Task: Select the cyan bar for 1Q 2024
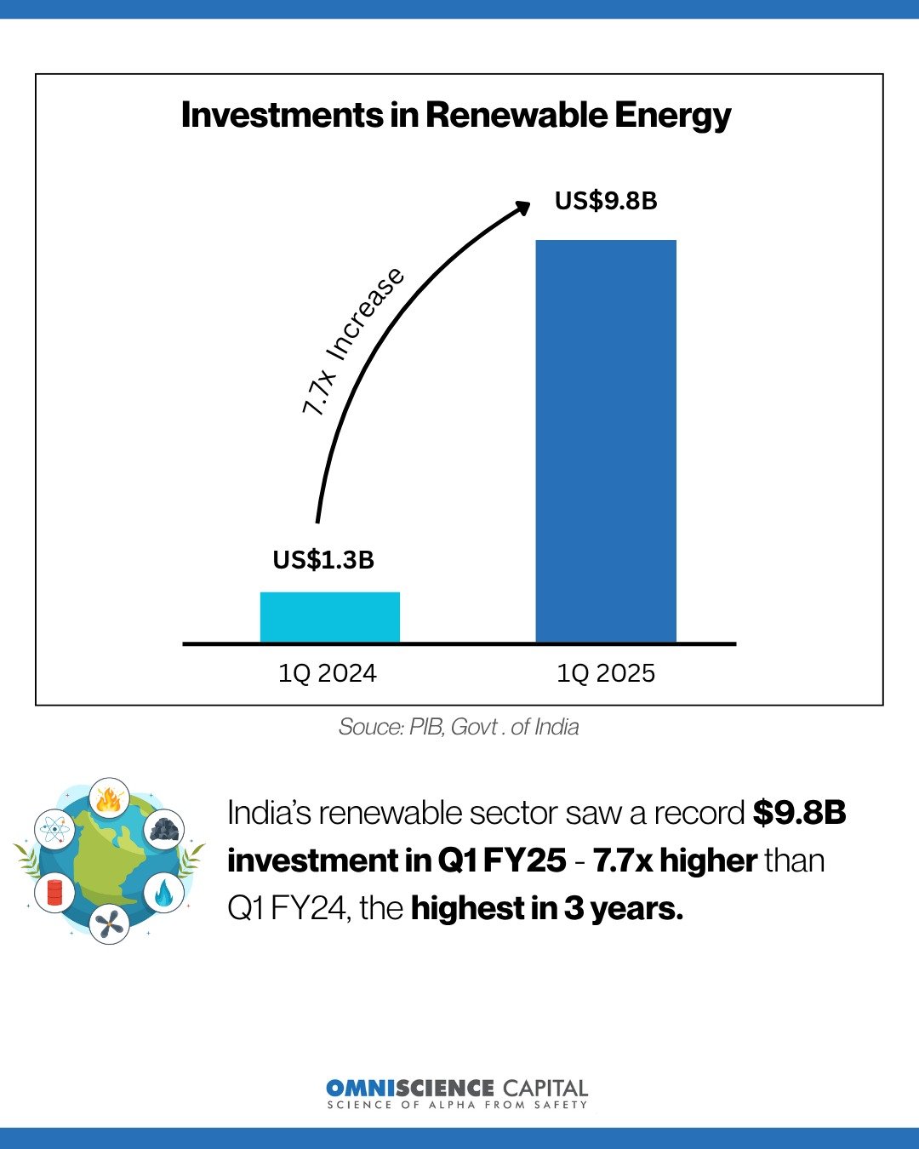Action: [x=329, y=617]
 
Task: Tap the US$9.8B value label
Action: [x=606, y=201]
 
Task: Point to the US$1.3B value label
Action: [x=323, y=560]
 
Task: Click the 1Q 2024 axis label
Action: [x=328, y=673]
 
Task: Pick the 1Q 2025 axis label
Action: [x=606, y=673]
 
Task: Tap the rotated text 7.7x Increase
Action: [x=353, y=341]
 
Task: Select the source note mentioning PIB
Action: [x=459, y=727]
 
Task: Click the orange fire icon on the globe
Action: [x=109, y=799]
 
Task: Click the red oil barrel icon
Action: [x=54, y=892]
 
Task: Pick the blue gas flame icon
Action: [x=163, y=894]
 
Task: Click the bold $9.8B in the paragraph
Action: [x=799, y=814]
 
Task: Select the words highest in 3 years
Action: [x=546, y=909]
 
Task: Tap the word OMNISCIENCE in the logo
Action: [x=409, y=1088]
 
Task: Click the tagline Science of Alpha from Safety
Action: [x=457, y=1105]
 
